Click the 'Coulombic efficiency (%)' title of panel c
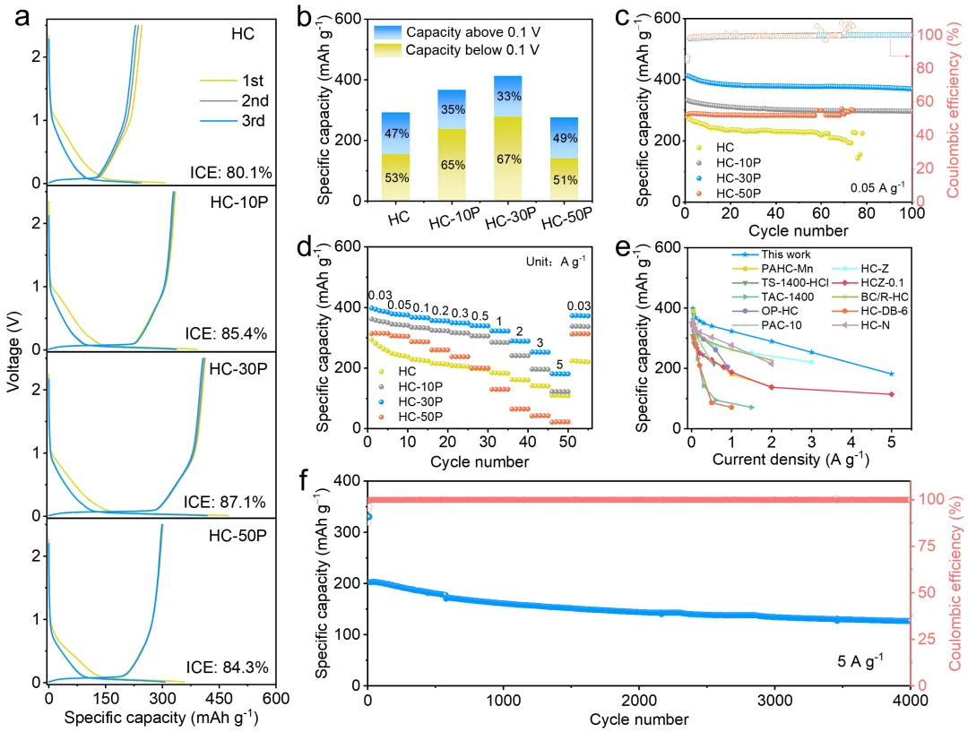pos(955,112)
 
